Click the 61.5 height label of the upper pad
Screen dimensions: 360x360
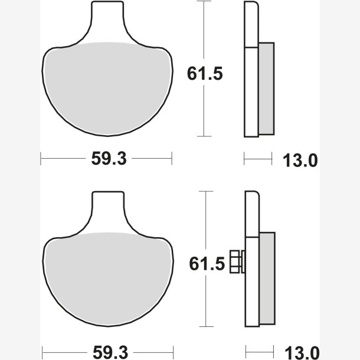click(205, 74)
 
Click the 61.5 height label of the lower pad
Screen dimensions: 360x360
click(207, 264)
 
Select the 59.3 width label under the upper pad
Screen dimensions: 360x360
click(109, 158)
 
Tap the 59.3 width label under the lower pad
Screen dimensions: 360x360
click(110, 352)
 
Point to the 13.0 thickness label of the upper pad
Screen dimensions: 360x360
click(300, 161)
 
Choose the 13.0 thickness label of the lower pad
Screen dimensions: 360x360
click(302, 352)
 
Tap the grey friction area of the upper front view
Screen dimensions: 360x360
click(107, 90)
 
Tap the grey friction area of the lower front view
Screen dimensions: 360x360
click(108, 280)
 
